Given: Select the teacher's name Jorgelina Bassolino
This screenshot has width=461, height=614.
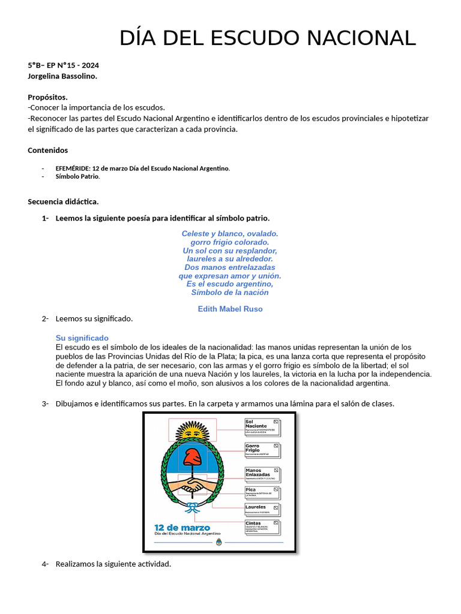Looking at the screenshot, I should click(x=62, y=76).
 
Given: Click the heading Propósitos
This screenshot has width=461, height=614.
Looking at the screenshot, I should click(x=47, y=97).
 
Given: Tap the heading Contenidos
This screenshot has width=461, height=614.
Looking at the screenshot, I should click(x=48, y=151).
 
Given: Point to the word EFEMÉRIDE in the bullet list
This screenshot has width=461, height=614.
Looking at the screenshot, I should click(x=73, y=168).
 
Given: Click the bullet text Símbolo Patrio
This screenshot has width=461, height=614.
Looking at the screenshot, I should click(x=77, y=177).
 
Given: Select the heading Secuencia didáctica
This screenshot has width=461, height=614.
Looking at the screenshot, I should click(x=63, y=201).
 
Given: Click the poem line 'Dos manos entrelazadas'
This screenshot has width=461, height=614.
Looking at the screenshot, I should click(x=230, y=267).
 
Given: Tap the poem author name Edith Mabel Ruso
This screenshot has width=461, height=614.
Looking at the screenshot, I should click(x=230, y=309).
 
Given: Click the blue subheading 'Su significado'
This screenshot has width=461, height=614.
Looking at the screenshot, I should click(x=82, y=338).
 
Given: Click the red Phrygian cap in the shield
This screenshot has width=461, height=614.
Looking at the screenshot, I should click(x=193, y=459).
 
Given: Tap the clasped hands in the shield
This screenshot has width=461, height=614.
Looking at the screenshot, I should click(x=193, y=484).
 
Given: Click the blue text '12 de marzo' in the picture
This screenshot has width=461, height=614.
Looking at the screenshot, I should click(x=182, y=528).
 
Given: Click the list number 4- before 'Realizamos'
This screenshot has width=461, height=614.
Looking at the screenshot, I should click(x=45, y=564).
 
